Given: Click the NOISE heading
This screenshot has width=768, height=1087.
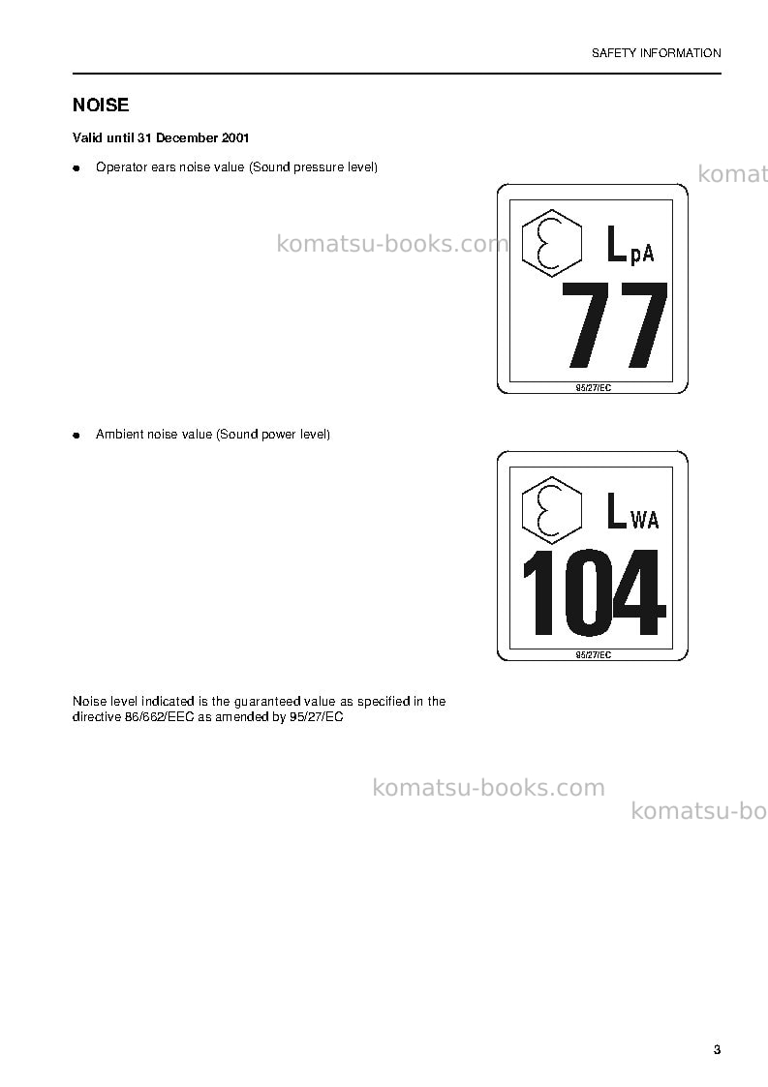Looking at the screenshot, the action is [101, 106].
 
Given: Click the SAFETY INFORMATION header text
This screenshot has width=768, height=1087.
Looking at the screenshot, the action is [656, 53].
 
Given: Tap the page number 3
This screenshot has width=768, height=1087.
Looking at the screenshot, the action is [717, 1049].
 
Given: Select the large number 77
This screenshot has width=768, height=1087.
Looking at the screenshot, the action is [614, 325].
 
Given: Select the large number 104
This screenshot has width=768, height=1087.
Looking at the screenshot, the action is [593, 592].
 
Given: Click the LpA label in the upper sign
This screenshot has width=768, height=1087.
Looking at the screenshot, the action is [630, 246].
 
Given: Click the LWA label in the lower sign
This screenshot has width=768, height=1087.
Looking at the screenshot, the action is [632, 512].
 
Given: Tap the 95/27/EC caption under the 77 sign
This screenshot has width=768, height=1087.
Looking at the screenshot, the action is [593, 388].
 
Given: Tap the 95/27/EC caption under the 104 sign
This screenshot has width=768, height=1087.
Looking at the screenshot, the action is [593, 655].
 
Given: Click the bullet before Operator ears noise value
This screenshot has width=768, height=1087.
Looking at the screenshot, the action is [77, 168].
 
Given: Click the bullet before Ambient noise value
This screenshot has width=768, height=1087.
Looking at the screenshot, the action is [77, 436].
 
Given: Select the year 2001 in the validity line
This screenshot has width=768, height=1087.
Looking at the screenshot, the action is [235, 138].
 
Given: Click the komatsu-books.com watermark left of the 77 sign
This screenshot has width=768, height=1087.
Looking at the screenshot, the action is [392, 244].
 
